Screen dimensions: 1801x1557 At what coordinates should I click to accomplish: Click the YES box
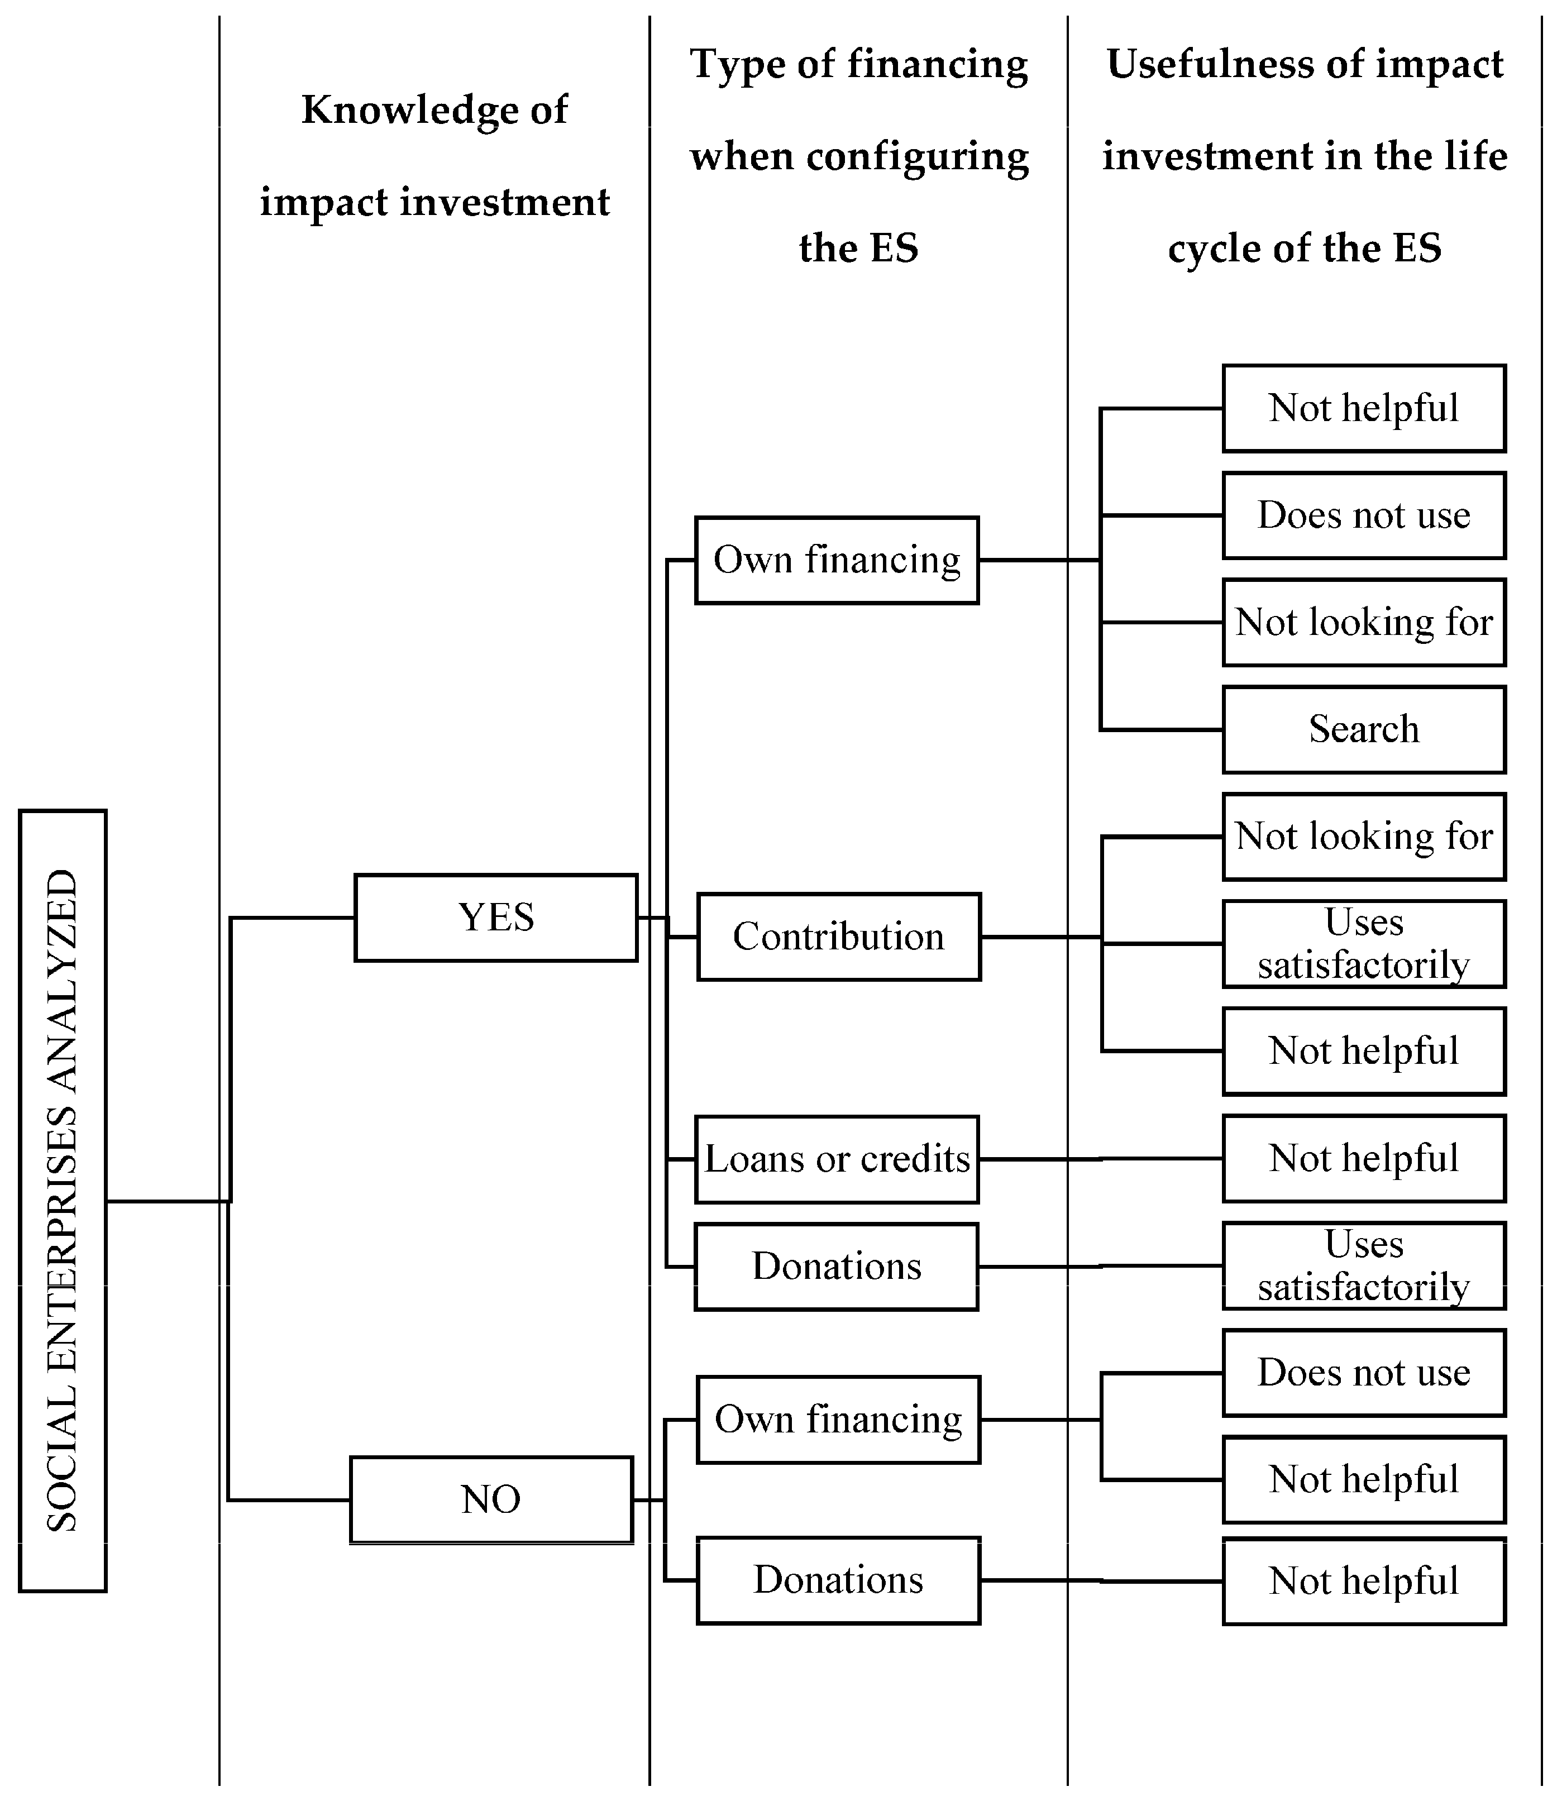(x=495, y=917)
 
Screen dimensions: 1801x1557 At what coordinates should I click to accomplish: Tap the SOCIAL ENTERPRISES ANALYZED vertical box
(x=63, y=1200)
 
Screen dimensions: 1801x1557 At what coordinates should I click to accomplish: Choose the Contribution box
(x=838, y=936)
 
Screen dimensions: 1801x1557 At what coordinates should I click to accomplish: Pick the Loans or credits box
(x=837, y=1159)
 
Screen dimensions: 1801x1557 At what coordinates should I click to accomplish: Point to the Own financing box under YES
(x=837, y=560)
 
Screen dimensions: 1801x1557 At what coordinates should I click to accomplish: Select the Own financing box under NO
(x=838, y=1420)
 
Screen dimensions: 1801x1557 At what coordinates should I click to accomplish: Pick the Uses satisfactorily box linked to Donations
(x=1363, y=1265)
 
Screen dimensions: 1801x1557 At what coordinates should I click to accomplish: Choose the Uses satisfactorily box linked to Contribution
(x=1363, y=943)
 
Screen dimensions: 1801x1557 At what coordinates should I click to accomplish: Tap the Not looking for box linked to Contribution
(x=1363, y=836)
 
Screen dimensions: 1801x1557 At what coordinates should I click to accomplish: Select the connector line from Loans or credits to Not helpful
(x=1101, y=1159)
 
